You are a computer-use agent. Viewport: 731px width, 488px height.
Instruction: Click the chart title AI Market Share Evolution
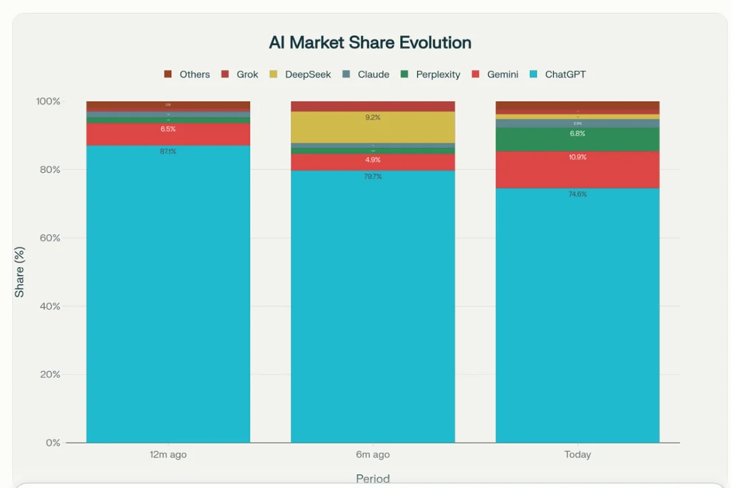point(370,43)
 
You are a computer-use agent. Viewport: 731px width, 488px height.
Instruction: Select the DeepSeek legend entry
point(307,75)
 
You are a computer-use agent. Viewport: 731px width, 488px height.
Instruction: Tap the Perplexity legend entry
point(437,75)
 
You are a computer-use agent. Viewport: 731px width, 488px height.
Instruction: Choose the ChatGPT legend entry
point(564,75)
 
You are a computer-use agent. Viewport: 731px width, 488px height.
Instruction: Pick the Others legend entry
point(194,75)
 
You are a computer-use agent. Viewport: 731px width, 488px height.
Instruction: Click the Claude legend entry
point(373,75)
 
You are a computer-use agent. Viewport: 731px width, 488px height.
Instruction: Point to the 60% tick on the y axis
point(48,238)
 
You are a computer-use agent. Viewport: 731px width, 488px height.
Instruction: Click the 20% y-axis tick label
point(48,374)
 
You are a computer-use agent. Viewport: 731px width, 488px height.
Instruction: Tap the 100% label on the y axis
point(48,101)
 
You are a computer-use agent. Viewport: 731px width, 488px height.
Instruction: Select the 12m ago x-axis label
point(168,455)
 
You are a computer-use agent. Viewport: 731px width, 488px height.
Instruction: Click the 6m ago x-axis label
point(373,455)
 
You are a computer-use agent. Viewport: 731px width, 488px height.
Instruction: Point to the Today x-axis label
point(577,455)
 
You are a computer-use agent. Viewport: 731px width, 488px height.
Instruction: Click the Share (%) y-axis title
point(20,272)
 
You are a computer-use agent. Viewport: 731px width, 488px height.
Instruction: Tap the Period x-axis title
point(373,479)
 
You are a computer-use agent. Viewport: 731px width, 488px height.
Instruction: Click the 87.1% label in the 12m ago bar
point(168,152)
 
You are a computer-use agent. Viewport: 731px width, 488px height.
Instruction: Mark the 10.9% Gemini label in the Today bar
point(577,157)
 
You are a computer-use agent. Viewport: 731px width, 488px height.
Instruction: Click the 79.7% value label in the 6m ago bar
point(373,177)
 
